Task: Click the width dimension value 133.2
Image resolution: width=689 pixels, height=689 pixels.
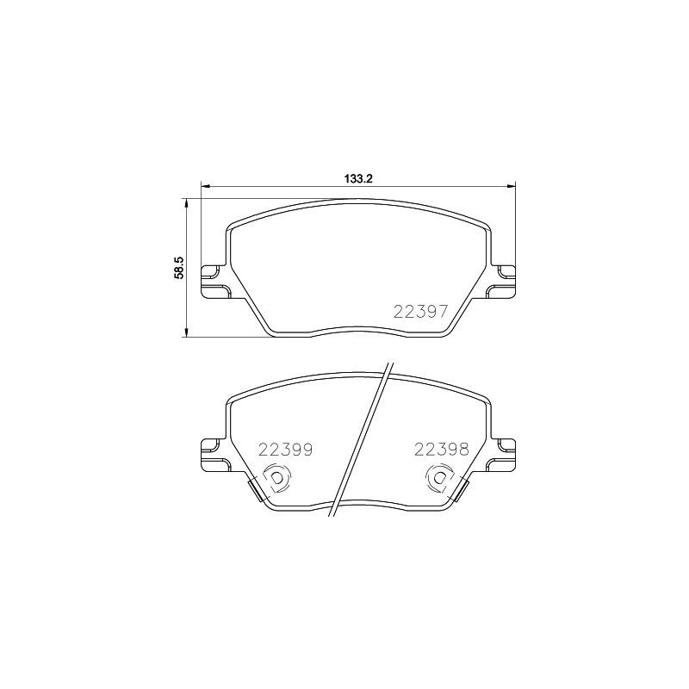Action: coord(357,178)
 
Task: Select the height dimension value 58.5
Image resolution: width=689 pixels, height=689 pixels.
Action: coord(179,266)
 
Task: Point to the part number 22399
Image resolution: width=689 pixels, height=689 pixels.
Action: coord(285,449)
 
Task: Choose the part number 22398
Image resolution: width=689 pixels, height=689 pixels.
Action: coord(441,449)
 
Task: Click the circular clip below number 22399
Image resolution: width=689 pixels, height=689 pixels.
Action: coord(276,478)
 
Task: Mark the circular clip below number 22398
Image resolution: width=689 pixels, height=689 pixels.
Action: coord(439,478)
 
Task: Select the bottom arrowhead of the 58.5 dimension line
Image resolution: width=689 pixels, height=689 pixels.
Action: coord(186,332)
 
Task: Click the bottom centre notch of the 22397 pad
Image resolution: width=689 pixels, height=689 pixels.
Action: coord(357,330)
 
